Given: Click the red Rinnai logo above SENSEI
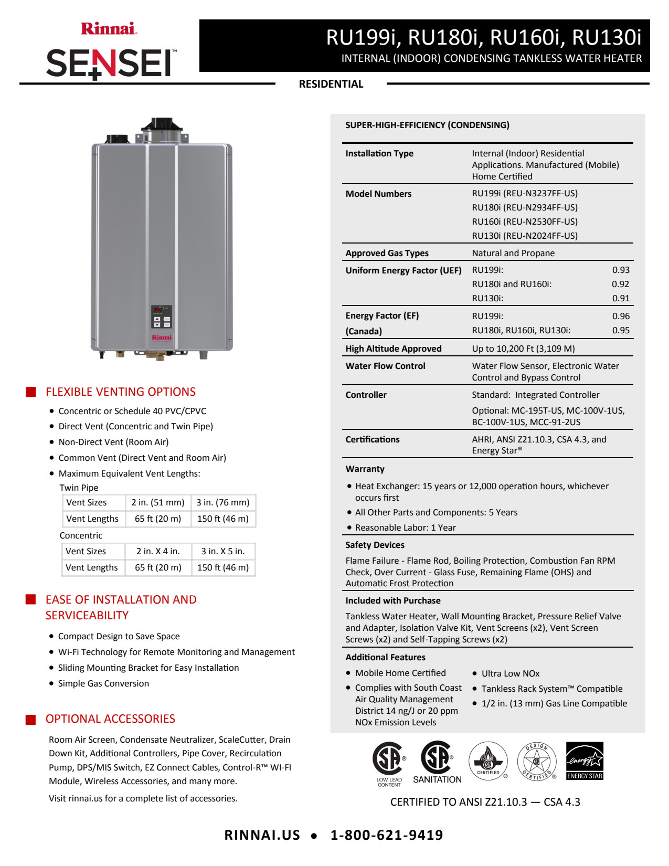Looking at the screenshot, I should tap(109, 28).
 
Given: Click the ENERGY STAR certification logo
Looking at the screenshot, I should tap(585, 761).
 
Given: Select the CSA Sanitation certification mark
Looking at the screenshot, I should tap(437, 762).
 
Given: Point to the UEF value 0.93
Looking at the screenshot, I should tap(621, 270).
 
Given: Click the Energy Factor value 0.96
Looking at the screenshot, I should tap(621, 316).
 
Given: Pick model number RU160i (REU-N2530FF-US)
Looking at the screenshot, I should tap(525, 221).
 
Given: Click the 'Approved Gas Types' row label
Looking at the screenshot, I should tap(387, 253).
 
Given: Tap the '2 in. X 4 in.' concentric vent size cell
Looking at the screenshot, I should tap(158, 551).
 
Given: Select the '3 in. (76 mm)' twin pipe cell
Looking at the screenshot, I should tap(223, 502).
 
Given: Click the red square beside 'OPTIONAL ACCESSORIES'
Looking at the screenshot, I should tap(31, 719).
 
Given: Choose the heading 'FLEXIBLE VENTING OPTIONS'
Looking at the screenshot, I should tap(120, 392).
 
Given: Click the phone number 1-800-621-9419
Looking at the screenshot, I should tap(387, 835).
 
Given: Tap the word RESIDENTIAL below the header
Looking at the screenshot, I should tap(331, 84).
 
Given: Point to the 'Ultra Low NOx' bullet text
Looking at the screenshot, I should tap(510, 673).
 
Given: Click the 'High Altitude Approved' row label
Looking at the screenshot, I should tap(393, 348).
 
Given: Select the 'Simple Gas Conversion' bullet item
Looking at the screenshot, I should tap(103, 683).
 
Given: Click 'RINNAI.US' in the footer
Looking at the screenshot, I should tap(262, 835).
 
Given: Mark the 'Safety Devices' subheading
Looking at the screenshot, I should tap(375, 545).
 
